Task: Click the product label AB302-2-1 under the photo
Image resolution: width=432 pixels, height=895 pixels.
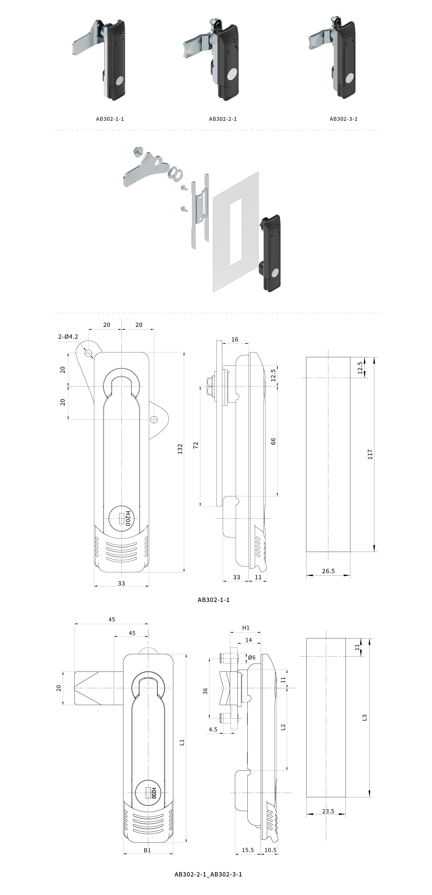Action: coord(223,119)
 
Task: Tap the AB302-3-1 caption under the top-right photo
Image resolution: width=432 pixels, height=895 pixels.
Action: coord(343,119)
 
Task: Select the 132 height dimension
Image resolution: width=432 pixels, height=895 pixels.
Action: coord(180,449)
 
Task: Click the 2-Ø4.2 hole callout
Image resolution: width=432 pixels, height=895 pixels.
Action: coord(68,337)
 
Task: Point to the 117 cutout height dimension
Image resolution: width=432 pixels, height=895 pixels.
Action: coord(370,454)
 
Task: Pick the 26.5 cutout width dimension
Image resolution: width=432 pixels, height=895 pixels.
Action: coord(328,571)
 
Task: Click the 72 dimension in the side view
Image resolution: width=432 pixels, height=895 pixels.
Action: coord(195,445)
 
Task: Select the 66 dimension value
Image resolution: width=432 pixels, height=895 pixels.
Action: coord(273,441)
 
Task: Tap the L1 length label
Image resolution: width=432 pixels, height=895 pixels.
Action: coord(182,743)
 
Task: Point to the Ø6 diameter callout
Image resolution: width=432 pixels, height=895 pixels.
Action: coord(252,657)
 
